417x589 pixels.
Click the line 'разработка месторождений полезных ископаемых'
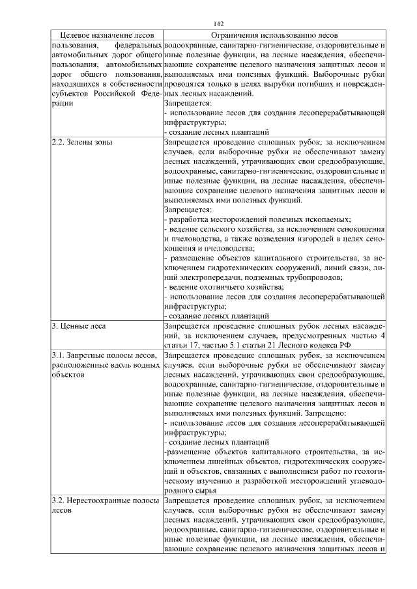(258, 220)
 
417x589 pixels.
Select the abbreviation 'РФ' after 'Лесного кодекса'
(335, 344)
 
